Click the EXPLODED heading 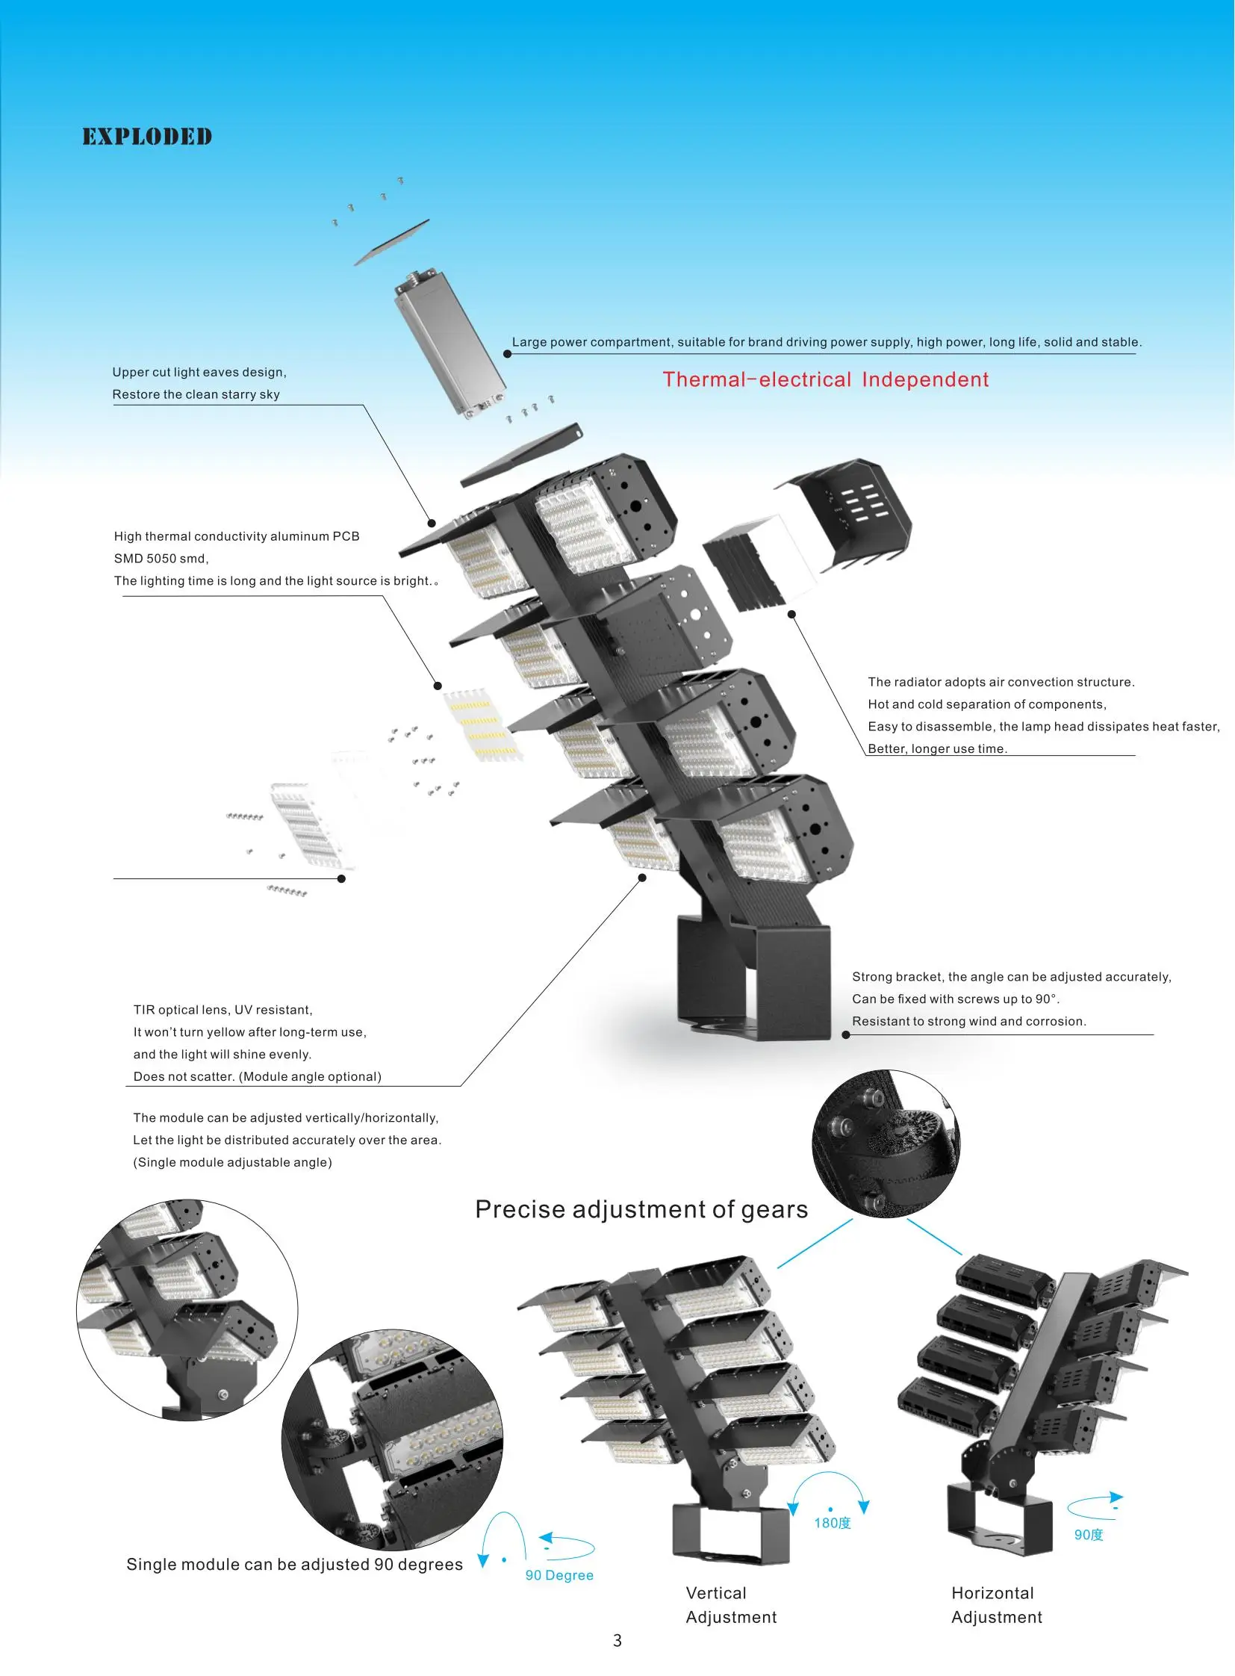[x=147, y=137]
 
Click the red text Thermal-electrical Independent [x=825, y=380]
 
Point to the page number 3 [x=617, y=1640]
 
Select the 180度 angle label [x=832, y=1523]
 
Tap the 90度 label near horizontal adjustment [x=1089, y=1535]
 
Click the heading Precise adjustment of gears [x=641, y=1209]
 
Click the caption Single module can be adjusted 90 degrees [x=294, y=1564]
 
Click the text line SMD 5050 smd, [x=161, y=559]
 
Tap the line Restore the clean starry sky [x=196, y=394]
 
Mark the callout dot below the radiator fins [x=791, y=614]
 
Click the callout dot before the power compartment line [x=508, y=354]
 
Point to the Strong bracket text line [x=1012, y=977]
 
